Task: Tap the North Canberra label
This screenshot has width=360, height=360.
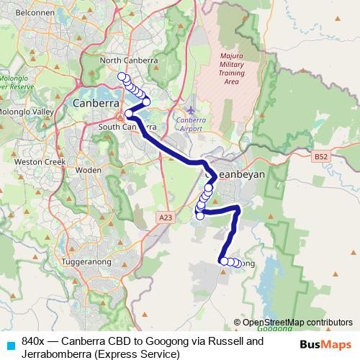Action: tap(130, 60)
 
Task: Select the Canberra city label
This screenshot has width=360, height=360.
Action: tap(96, 104)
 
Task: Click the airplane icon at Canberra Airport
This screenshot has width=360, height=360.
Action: tap(189, 110)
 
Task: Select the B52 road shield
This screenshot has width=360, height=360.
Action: tap(321, 156)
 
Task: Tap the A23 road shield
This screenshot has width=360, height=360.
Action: tap(166, 216)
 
